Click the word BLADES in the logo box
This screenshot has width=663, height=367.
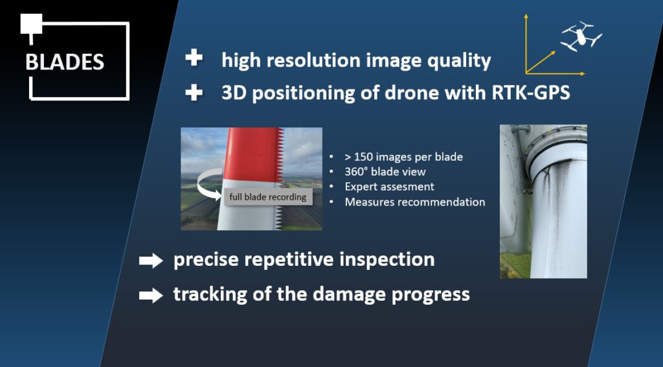pyautogui.click(x=65, y=62)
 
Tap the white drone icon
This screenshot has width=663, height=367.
pyautogui.click(x=581, y=36)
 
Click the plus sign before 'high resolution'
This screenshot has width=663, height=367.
pyautogui.click(x=194, y=58)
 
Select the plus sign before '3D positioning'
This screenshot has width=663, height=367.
pyautogui.click(x=194, y=92)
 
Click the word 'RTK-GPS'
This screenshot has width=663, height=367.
pyautogui.click(x=531, y=92)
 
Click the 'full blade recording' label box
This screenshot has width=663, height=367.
pyautogui.click(x=268, y=197)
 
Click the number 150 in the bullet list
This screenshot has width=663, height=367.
pyautogui.click(x=364, y=157)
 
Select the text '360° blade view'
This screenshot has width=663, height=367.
pyautogui.click(x=385, y=172)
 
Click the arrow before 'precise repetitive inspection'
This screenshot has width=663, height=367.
pyautogui.click(x=151, y=261)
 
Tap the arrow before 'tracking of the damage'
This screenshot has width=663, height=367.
pyautogui.click(x=151, y=295)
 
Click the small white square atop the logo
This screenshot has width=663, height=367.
pyautogui.click(x=31, y=24)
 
